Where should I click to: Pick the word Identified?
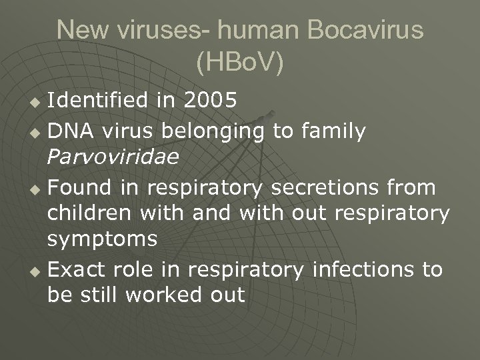pyautogui.click(x=97, y=101)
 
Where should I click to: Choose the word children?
pyautogui.click(x=90, y=214)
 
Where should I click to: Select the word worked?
pyautogui.click(x=157, y=294)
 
